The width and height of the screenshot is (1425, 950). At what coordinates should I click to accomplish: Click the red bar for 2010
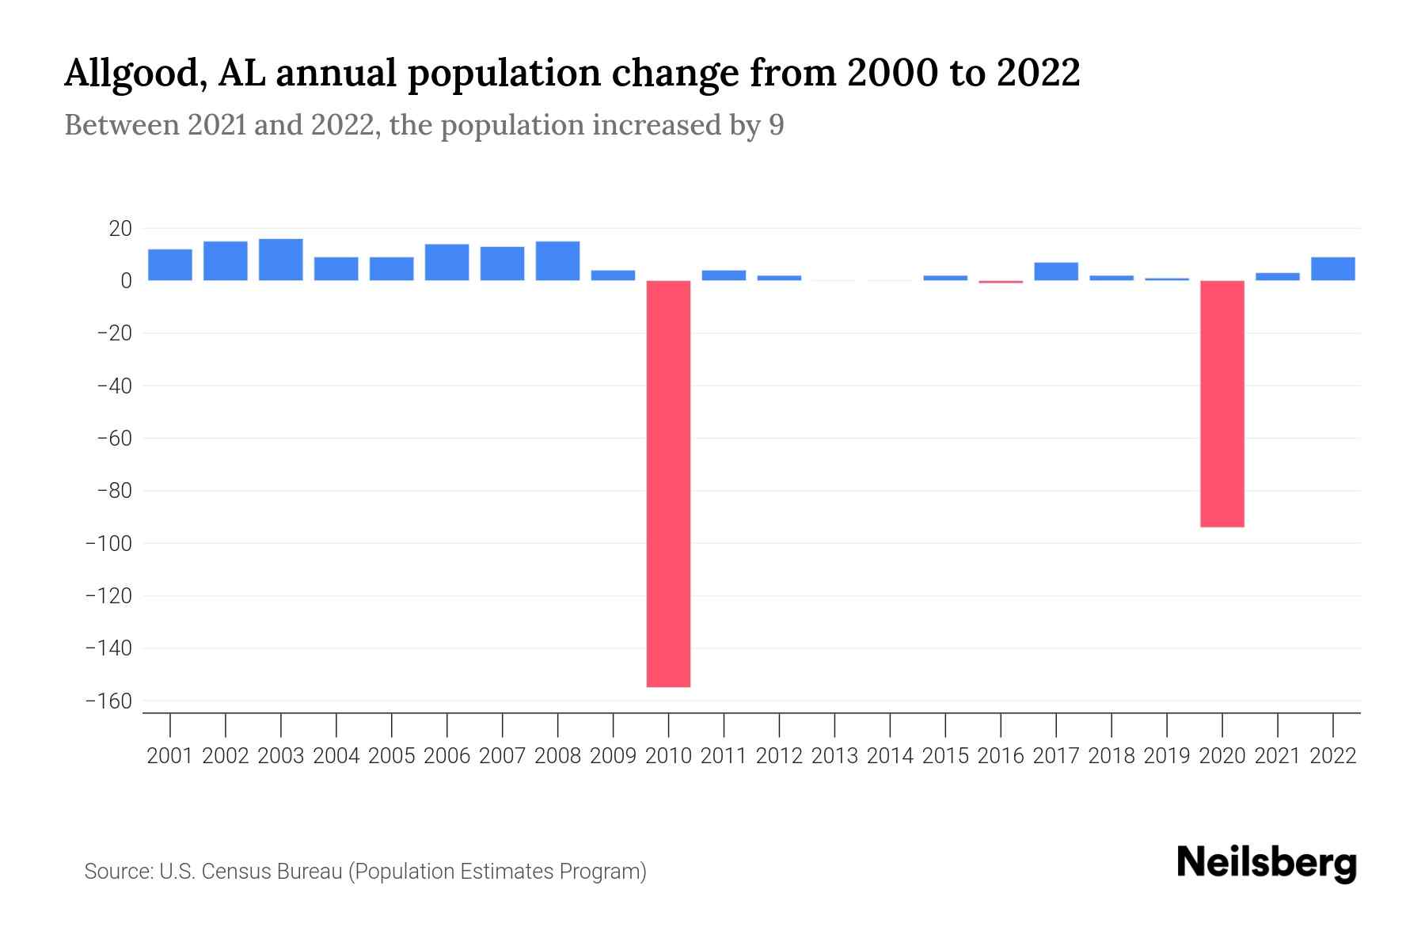coord(668,483)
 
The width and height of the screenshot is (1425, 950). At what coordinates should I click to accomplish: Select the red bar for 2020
coord(1222,404)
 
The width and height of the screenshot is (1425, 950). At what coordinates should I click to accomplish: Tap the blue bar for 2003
coord(280,260)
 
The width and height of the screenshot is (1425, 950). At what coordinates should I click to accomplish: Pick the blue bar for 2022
coord(1332,269)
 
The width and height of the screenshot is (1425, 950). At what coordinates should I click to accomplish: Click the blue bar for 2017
coord(1055,272)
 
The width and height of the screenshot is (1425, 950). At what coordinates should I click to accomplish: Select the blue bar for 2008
coord(557,261)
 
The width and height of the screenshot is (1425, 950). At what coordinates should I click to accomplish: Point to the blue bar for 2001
coord(169,265)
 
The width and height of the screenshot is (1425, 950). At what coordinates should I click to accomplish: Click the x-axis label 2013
coord(834,756)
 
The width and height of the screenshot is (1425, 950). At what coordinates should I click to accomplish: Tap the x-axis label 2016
coord(1001,756)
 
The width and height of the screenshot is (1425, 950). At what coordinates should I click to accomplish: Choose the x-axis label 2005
coord(391,756)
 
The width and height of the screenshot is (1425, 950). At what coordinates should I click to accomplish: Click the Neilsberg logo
coord(1267,863)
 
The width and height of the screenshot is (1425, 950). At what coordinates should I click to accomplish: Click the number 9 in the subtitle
coord(776,125)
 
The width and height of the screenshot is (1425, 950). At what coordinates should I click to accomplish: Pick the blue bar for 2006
coord(446,263)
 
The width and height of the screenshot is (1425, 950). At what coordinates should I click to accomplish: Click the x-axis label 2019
coord(1167,756)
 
